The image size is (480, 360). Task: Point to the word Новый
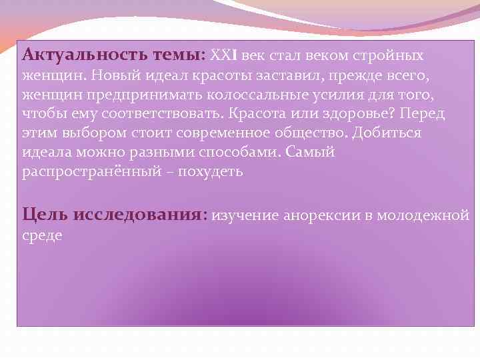point(109,75)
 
